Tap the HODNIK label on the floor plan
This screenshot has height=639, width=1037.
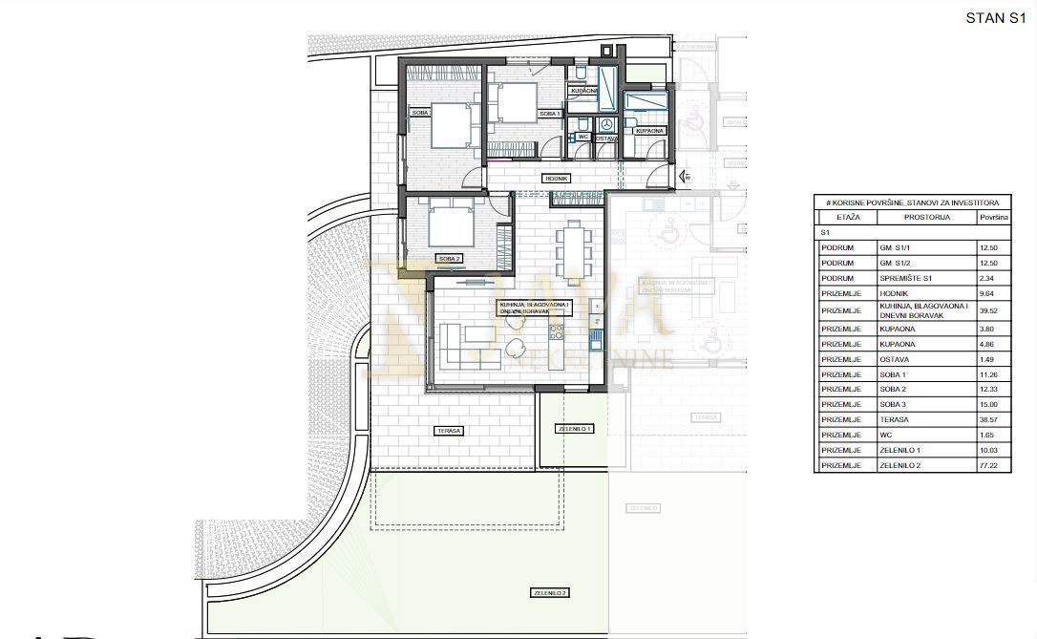pyautogui.click(x=556, y=179)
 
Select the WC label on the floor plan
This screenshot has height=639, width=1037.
pyautogui.click(x=582, y=137)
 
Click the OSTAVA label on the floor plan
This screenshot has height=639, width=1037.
pyautogui.click(x=606, y=138)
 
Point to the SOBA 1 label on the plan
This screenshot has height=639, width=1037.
pyautogui.click(x=549, y=114)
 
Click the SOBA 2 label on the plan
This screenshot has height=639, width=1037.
pyautogui.click(x=449, y=258)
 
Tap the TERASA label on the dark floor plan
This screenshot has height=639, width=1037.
pyautogui.click(x=449, y=431)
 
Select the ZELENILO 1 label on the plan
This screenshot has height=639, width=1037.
pyautogui.click(x=574, y=429)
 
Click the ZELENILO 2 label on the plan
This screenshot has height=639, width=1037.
pyautogui.click(x=549, y=593)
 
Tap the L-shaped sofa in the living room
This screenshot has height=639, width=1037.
pyautogui.click(x=463, y=345)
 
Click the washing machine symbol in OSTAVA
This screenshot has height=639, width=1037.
pyautogui.click(x=605, y=124)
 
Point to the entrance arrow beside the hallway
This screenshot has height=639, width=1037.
pyautogui.click(x=684, y=177)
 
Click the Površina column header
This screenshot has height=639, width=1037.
pyautogui.click(x=993, y=218)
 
